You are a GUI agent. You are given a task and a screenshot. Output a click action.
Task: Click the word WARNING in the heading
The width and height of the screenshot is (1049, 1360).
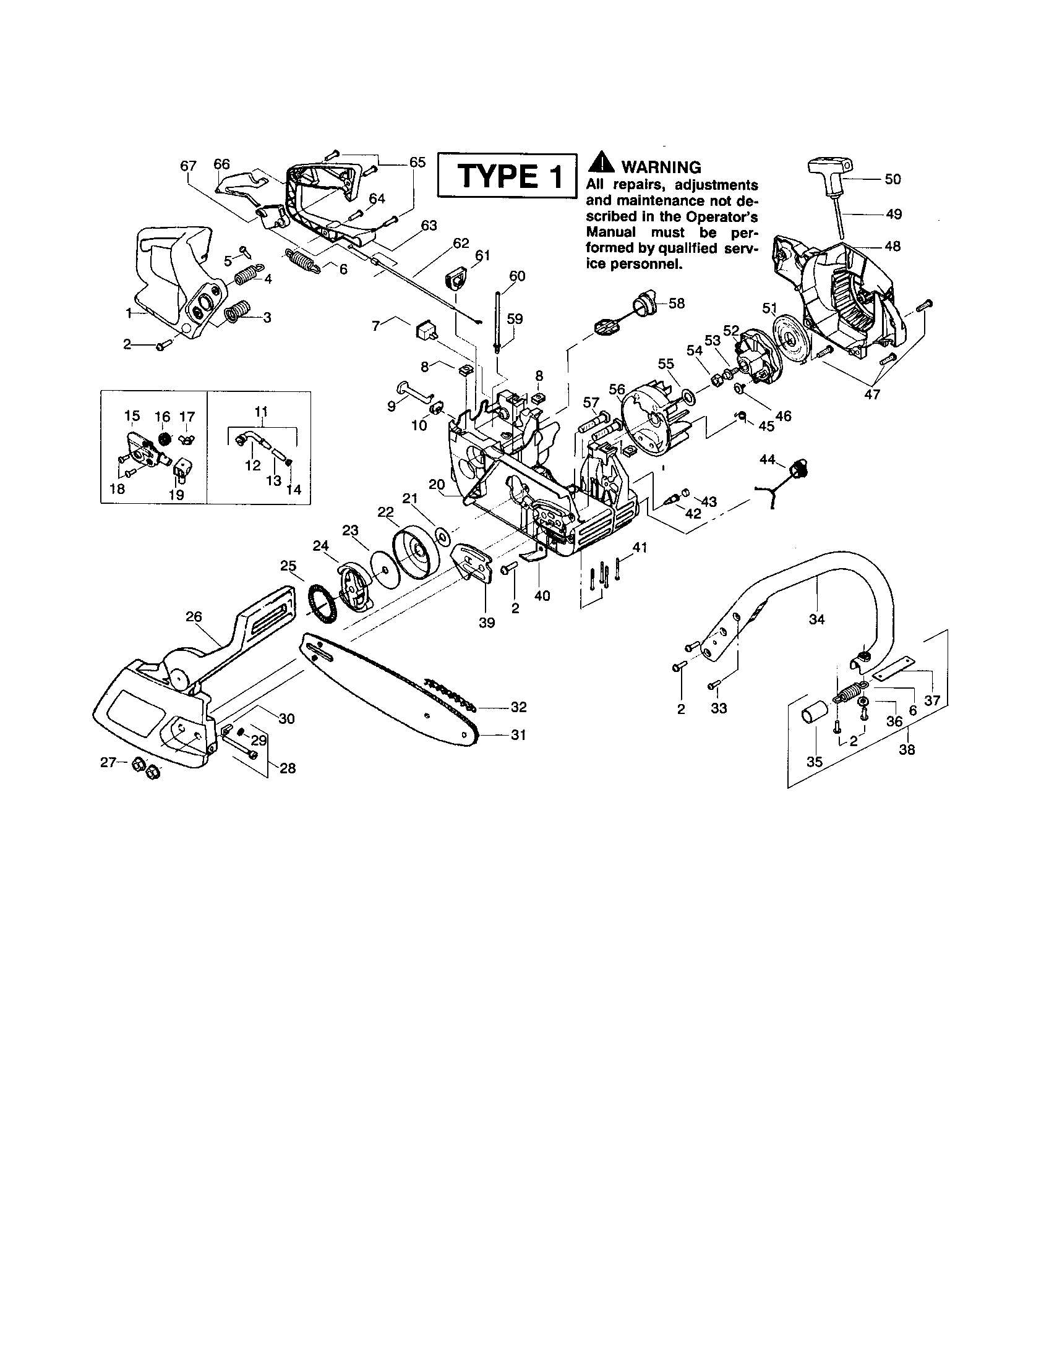tap(661, 167)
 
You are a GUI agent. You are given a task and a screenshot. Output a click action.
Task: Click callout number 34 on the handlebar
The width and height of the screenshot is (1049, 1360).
tap(816, 619)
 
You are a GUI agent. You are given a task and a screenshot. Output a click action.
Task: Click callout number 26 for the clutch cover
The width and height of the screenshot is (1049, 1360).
tap(194, 616)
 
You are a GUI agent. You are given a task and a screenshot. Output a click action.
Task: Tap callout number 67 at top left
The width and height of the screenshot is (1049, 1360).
tap(188, 166)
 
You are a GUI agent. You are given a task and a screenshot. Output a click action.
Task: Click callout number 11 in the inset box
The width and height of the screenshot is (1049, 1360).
tap(261, 411)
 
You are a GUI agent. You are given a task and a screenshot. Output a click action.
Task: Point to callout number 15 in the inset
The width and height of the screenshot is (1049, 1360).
tap(132, 415)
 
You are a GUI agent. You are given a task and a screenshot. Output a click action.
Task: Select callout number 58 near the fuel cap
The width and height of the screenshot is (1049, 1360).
tap(677, 304)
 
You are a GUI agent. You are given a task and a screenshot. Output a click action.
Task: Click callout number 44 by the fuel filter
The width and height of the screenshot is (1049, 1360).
tap(768, 459)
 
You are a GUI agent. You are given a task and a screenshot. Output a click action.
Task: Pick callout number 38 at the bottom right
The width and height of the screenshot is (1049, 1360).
tap(907, 750)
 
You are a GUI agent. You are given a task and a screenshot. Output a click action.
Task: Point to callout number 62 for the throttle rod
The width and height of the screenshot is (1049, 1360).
tap(461, 243)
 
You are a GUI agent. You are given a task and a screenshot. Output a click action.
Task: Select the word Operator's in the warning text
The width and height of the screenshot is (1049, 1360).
tap(727, 218)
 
